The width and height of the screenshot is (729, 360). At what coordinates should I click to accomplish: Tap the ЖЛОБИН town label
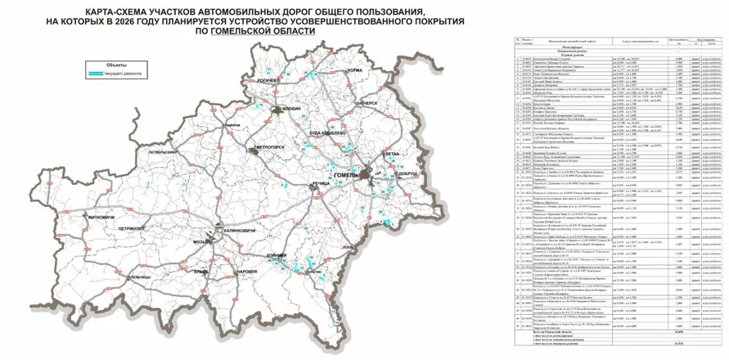pyautogui.click(x=292, y=109)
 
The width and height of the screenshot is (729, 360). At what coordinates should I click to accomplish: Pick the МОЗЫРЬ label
pyautogui.click(x=202, y=243)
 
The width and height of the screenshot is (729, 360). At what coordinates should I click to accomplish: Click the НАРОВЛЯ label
pyautogui.click(x=246, y=270)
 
